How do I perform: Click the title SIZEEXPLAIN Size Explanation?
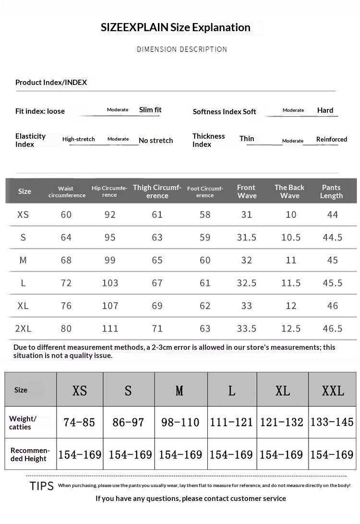pos(176,27)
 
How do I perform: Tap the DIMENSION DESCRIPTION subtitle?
pos(182,49)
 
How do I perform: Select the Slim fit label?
pos(150,110)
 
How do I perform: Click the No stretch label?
pos(156,141)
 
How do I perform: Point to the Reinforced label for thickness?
pos(331,139)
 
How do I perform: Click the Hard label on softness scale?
pos(325,110)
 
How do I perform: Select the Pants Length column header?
pos(331,191)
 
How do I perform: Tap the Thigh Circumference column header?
pos(157,191)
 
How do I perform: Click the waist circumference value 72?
pos(66,283)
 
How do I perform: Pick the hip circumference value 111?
pos(110,329)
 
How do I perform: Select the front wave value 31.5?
pos(247,238)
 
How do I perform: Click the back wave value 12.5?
pos(291,329)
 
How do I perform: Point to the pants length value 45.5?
pos(333,283)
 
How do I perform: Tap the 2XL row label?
pos(23,329)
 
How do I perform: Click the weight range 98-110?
pos(180,422)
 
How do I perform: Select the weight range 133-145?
pos(332,422)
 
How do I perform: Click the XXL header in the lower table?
pos(333,391)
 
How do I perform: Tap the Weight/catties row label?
pos(23,423)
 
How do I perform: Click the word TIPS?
pos(42,486)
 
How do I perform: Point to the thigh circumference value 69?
pos(157,306)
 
